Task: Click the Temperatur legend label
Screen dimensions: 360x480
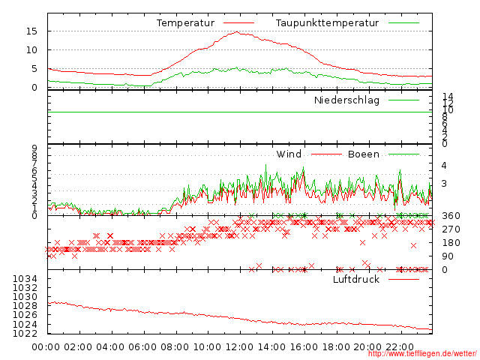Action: coord(185,23)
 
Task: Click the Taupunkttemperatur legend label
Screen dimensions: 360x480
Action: coord(326,23)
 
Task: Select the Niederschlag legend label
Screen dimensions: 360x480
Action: coord(346,100)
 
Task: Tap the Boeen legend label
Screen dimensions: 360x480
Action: coord(363,154)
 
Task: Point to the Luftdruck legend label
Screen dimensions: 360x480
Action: coord(356,280)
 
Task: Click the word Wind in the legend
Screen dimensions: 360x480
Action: coord(289,154)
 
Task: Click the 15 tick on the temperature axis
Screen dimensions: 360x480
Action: coord(32,31)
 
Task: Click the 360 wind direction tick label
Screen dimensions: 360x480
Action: coord(451,216)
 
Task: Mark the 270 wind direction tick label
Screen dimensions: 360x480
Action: coord(451,229)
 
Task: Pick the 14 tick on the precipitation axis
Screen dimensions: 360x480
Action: coord(448,96)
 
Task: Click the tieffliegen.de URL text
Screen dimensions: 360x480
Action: coord(422,354)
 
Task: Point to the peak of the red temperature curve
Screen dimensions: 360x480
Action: coord(237,31)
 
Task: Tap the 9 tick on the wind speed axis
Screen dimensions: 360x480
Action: coord(35,148)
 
